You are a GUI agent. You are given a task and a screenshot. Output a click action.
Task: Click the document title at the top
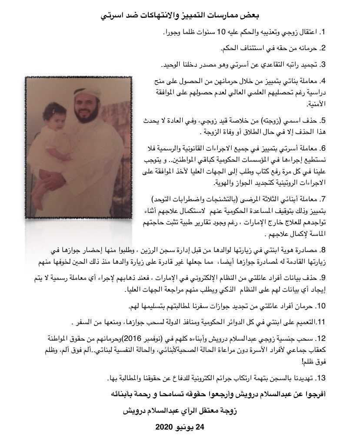[180, 15]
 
